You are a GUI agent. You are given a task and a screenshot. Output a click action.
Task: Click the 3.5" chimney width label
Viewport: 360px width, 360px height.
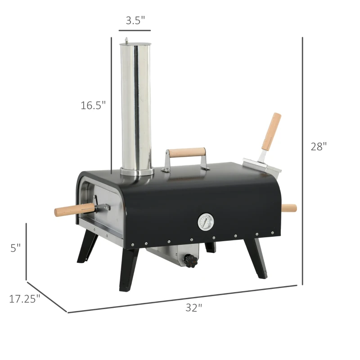(135, 20)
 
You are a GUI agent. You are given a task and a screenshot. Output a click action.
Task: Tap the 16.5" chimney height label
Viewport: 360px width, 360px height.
(93, 105)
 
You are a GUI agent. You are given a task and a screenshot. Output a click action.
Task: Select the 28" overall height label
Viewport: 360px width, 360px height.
(319, 147)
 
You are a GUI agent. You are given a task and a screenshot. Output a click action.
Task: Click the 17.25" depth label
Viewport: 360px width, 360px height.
(25, 298)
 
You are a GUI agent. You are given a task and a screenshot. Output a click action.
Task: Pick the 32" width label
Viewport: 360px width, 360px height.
(194, 308)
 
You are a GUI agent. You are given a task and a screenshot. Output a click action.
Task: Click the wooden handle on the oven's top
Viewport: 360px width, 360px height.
(185, 152)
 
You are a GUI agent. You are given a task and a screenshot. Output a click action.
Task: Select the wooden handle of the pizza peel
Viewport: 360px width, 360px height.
(272, 131)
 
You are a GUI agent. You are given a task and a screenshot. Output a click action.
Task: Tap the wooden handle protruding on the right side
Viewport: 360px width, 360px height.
(289, 208)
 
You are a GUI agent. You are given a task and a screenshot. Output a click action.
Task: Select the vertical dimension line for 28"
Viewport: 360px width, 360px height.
(302, 160)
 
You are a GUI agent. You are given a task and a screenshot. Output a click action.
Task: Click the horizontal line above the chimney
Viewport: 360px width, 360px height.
(135, 31)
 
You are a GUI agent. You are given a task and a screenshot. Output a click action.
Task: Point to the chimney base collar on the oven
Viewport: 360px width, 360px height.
(136, 171)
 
